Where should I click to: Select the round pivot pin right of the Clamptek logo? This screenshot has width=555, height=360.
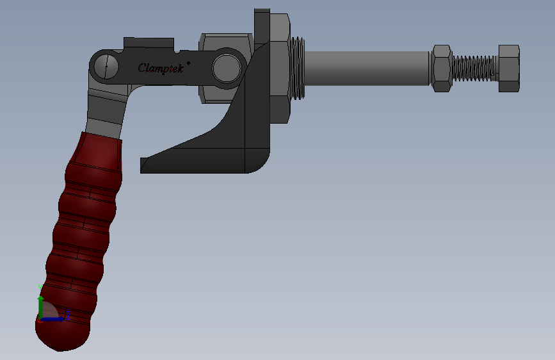pyautogui.click(x=226, y=67)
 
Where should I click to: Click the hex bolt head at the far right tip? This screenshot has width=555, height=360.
pyautogui.click(x=508, y=68)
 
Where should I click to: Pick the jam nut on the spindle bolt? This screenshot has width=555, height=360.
pyautogui.click(x=442, y=68)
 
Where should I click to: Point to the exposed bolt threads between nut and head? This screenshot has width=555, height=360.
pyautogui.click(x=474, y=68)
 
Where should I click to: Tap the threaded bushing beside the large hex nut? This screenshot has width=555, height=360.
pyautogui.click(x=298, y=68)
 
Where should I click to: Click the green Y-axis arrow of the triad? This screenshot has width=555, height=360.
pyautogui.click(x=41, y=304)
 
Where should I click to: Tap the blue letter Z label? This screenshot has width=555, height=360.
pyautogui.click(x=67, y=315)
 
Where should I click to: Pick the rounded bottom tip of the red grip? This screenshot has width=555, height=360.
pyautogui.click(x=61, y=340)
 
